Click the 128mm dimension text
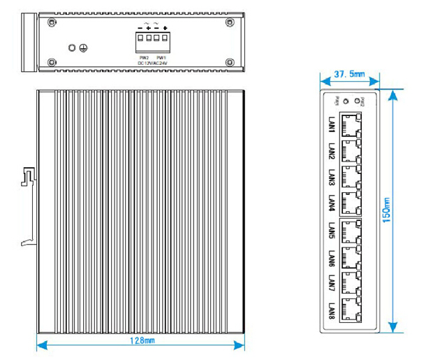(x=144, y=341)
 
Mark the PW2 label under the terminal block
(x=144, y=57)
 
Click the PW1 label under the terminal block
(x=161, y=57)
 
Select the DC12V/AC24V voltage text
(x=152, y=63)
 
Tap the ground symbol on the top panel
(x=84, y=48)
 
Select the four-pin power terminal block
(x=152, y=40)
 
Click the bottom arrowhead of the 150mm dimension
(x=393, y=325)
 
